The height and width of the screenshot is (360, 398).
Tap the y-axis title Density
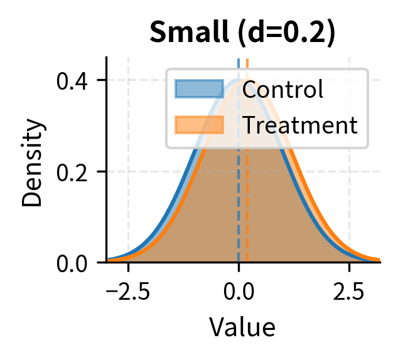35,164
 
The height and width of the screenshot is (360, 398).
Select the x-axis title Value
242,327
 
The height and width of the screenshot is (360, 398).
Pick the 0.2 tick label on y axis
73,171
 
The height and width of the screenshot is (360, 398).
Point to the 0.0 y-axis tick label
73,262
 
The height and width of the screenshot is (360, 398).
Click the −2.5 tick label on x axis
128,292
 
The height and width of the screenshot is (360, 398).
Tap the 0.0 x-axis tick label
239,292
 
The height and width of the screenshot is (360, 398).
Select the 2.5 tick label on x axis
349,292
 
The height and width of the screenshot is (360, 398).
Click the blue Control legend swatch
199,89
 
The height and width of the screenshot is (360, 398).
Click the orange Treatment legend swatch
199,125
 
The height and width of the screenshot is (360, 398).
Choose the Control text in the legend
282,90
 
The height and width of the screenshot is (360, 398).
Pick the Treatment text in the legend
299,125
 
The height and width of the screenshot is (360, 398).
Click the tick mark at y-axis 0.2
102,171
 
